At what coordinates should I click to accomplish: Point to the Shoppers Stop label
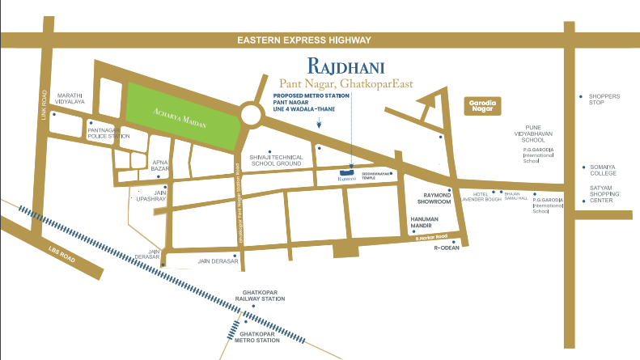604,100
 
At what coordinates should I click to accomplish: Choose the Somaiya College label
603,170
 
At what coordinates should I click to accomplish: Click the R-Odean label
447,249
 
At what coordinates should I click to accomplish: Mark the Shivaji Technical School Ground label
276,159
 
